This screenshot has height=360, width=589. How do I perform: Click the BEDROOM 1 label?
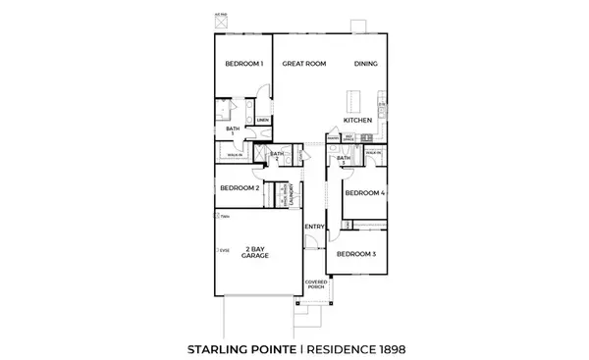pos(243,64)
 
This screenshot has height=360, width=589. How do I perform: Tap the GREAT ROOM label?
pos(303,64)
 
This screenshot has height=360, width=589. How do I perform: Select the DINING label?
pos(366,64)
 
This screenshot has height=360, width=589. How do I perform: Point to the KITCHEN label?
pos(357,121)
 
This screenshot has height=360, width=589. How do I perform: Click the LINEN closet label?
pos(263,122)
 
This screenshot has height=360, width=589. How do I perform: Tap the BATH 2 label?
pos(277,154)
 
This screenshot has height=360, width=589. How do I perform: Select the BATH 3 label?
pos(343,160)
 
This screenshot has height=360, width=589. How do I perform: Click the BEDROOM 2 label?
pos(239,187)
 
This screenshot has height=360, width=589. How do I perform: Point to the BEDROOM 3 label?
pos(354,254)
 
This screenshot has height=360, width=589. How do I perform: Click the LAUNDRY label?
pos(293,196)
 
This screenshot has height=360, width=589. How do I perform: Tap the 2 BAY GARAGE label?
pos(258,252)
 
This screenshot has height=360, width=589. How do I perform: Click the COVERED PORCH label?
pos(315,284)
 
